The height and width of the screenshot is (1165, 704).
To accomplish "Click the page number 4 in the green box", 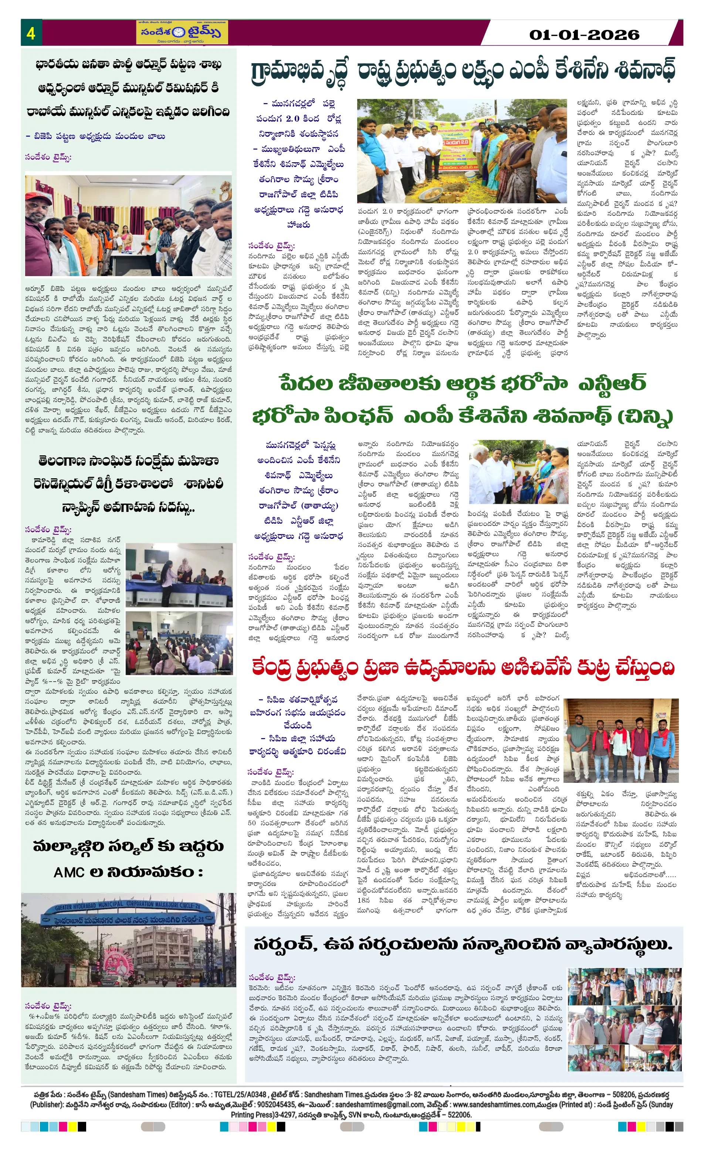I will [31, 33].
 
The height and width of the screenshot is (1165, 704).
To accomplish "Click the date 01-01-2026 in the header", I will [584, 34].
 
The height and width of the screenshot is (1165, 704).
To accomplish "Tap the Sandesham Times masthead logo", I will [182, 33].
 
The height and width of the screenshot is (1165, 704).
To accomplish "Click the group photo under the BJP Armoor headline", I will [128, 225].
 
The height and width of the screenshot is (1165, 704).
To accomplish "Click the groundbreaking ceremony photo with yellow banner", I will [462, 151].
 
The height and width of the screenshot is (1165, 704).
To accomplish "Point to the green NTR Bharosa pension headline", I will [462, 400].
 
